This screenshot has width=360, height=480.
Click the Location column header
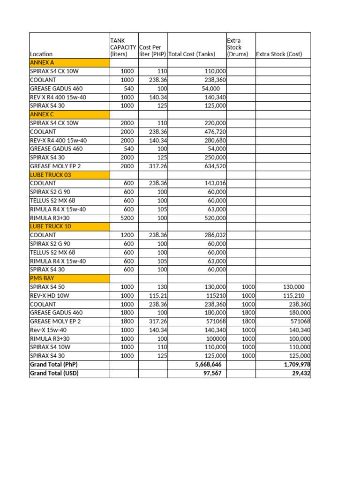point(41,54)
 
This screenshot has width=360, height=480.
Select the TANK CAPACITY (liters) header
point(123,47)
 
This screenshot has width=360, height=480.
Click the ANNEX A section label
point(42,62)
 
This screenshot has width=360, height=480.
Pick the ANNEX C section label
point(42,114)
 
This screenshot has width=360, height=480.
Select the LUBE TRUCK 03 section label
point(51,175)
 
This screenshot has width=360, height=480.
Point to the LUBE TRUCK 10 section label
point(51,226)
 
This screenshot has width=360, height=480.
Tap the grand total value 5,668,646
point(208,364)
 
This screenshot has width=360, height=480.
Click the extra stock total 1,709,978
point(294,364)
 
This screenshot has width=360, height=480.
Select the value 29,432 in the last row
point(300,373)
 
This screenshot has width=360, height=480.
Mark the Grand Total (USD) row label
point(54,373)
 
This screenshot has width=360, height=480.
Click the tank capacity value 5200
point(126,218)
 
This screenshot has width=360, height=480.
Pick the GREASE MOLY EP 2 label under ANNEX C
point(55,166)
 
